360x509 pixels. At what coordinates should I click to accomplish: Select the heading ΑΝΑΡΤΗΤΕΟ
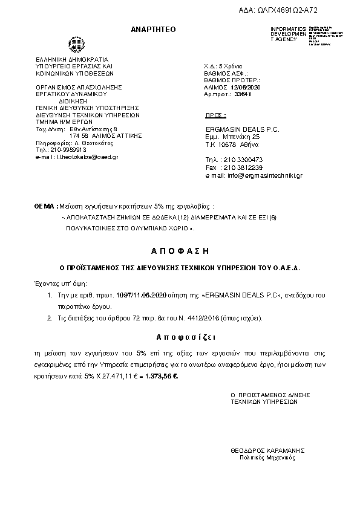tap(153, 30)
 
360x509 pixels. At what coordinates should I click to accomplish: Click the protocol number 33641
tap(243, 96)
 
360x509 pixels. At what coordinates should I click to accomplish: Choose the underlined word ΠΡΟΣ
tap(216, 114)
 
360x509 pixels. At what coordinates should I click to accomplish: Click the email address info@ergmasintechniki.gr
tap(264, 175)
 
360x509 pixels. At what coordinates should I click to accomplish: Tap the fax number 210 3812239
tap(243, 167)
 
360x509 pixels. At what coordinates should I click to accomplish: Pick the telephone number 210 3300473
tap(243, 160)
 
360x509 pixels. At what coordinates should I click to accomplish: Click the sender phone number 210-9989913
tap(64, 150)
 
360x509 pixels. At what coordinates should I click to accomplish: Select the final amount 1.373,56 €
tap(162, 376)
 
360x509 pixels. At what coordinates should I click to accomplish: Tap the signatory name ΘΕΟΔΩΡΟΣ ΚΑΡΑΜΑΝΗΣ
tap(267, 450)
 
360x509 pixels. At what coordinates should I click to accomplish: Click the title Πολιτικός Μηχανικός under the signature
tap(267, 458)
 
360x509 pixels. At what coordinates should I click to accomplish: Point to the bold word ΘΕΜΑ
tap(43, 207)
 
